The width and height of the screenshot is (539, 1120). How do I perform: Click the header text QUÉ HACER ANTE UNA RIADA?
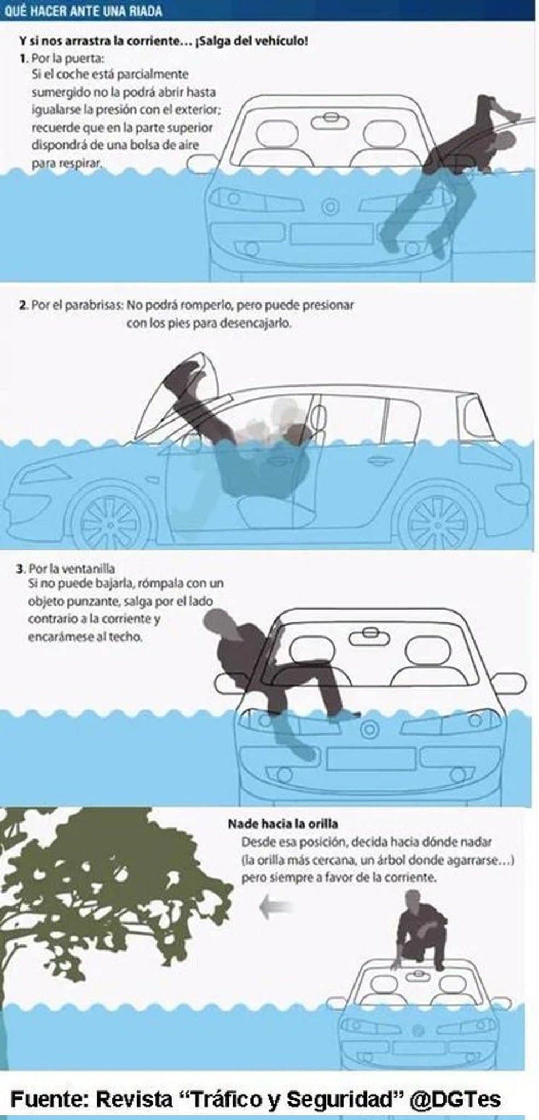click(x=83, y=11)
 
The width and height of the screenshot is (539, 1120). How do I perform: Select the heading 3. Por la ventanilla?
click(x=66, y=569)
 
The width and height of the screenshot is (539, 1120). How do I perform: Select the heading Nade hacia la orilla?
click(x=282, y=823)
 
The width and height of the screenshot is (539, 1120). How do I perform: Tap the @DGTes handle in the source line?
click(x=455, y=1099)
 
